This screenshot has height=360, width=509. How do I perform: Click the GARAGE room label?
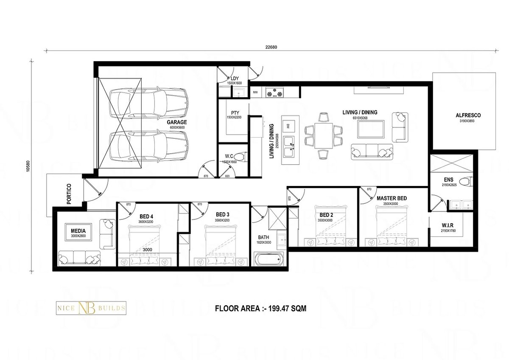coord(176,122)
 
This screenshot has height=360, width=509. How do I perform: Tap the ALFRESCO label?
coord(468,115)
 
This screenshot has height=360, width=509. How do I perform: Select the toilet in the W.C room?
coord(241,157)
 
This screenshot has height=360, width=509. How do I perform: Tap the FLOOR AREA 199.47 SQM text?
coord(260,309)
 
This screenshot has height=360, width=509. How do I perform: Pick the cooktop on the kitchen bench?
coord(275,92)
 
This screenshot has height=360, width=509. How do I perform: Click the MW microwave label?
coord(255,92)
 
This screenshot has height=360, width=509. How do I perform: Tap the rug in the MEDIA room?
coord(78,233)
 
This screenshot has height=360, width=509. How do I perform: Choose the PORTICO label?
coord(69,194)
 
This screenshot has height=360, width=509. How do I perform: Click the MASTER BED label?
coord(392,198)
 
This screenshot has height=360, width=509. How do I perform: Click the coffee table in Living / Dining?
coord(371,129)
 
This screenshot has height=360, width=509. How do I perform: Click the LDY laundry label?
coord(234,78)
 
